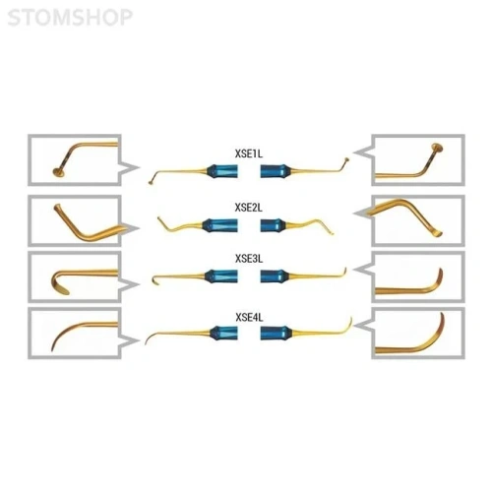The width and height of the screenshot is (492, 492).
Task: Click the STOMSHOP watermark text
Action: (x=70, y=18)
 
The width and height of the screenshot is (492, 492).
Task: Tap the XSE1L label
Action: (x=249, y=154)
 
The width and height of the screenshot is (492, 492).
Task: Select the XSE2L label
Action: (x=249, y=208)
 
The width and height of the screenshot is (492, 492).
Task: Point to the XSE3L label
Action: (x=249, y=259)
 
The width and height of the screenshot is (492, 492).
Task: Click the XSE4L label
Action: (x=249, y=318)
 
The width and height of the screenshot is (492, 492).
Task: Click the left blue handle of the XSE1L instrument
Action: (x=222, y=171)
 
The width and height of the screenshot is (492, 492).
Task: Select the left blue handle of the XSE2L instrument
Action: (x=219, y=225)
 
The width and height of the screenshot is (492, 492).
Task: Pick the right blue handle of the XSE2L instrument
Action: (x=274, y=225)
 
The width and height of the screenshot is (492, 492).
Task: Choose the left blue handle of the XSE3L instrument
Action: (x=221, y=277)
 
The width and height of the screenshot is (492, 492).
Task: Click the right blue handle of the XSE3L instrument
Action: (x=275, y=277)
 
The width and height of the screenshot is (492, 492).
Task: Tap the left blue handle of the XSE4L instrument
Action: (x=223, y=333)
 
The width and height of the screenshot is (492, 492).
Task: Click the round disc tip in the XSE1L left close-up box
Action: (x=58, y=171)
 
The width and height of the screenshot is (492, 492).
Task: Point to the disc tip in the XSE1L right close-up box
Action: (x=437, y=148)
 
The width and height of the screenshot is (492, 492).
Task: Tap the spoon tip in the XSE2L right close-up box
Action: (x=436, y=233)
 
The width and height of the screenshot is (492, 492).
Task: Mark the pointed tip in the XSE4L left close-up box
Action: (x=54, y=344)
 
